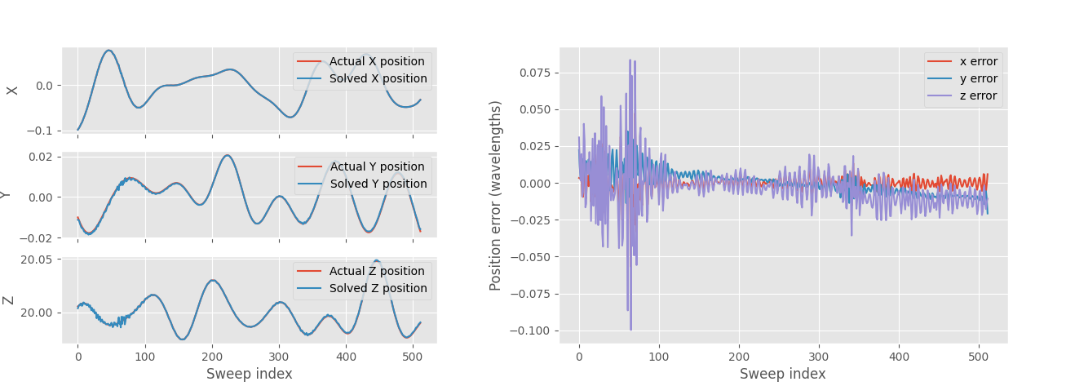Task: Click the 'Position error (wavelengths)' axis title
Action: point(495,196)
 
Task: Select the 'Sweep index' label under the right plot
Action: point(782,374)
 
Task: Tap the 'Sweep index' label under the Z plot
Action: point(249,374)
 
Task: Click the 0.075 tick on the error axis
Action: point(535,73)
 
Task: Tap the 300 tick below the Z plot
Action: point(279,357)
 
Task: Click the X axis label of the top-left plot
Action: point(12,90)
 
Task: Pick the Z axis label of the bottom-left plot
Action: point(9,299)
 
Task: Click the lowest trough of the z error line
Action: point(630,330)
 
